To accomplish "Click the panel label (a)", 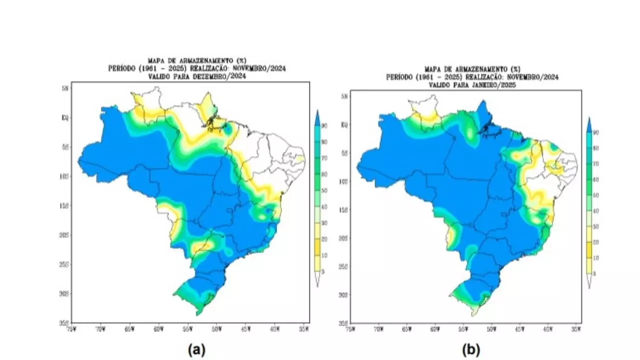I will click(196, 350).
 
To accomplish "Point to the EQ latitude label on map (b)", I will click(344, 124).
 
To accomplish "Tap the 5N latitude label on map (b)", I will click(344, 96).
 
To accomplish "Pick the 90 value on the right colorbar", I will click(595, 132).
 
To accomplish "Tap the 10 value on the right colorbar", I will click(595, 258).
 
